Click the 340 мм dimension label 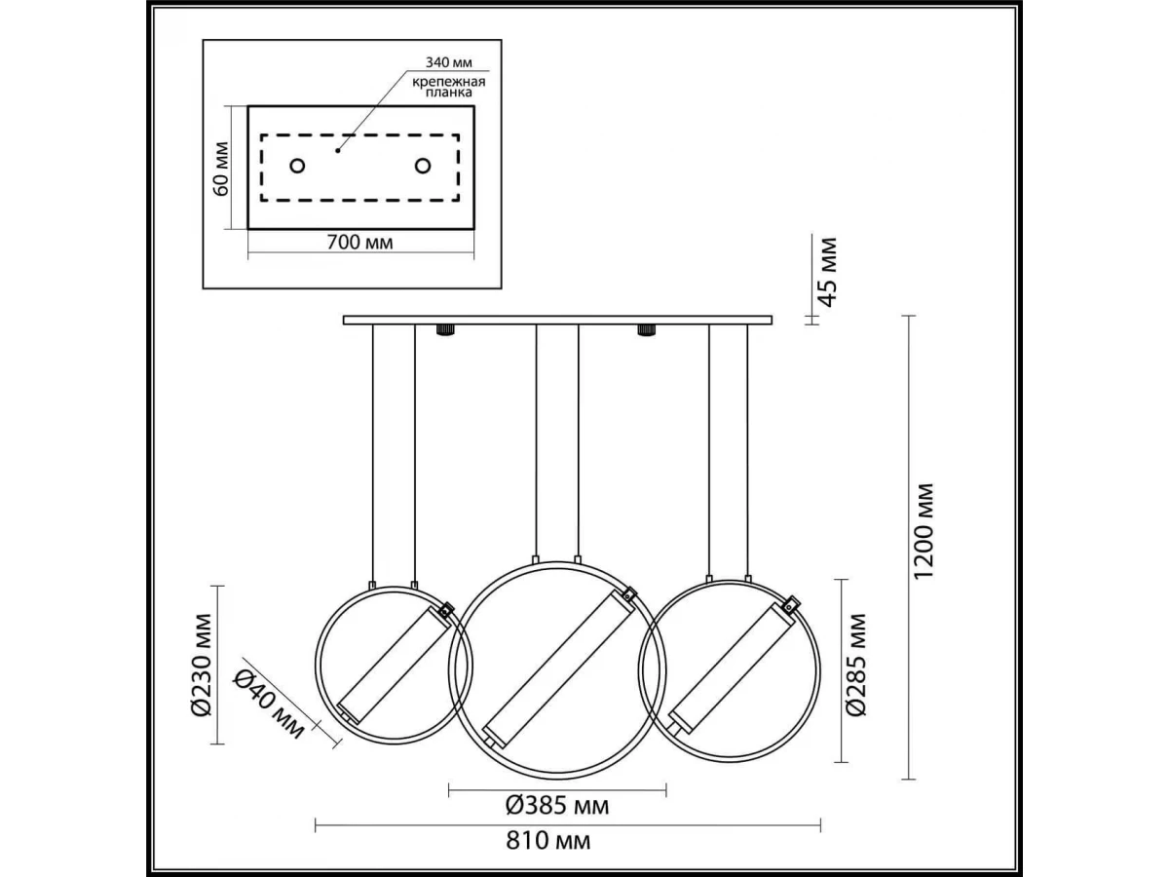pos(448,62)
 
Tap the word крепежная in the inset pos(449,82)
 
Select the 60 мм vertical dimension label pos(221,169)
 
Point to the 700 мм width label pos(360,243)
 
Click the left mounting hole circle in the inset pos(297,166)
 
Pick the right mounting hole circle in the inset pos(423,166)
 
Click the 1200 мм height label pos(924,531)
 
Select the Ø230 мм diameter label pos(202,666)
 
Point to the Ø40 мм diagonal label pos(269,704)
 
